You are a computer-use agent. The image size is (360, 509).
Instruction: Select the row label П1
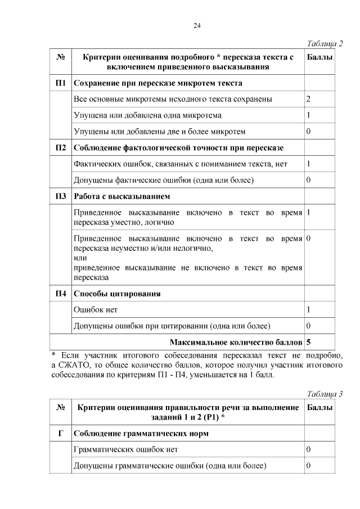(x=61, y=83)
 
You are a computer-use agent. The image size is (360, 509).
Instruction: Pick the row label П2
(x=61, y=148)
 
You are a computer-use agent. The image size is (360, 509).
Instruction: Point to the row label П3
(x=61, y=196)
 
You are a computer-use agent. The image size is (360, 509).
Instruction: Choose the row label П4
(x=61, y=294)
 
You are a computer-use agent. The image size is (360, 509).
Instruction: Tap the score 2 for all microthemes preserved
(x=309, y=99)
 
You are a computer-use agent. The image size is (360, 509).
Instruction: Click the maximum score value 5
(x=309, y=342)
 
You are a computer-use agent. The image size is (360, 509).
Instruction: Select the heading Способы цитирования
(x=117, y=294)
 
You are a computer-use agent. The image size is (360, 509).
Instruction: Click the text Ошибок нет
(x=96, y=310)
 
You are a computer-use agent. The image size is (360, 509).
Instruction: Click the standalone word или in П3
(x=80, y=258)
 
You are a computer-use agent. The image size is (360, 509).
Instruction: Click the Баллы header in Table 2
(x=319, y=57)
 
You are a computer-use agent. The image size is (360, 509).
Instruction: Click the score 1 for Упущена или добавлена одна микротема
(x=309, y=115)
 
